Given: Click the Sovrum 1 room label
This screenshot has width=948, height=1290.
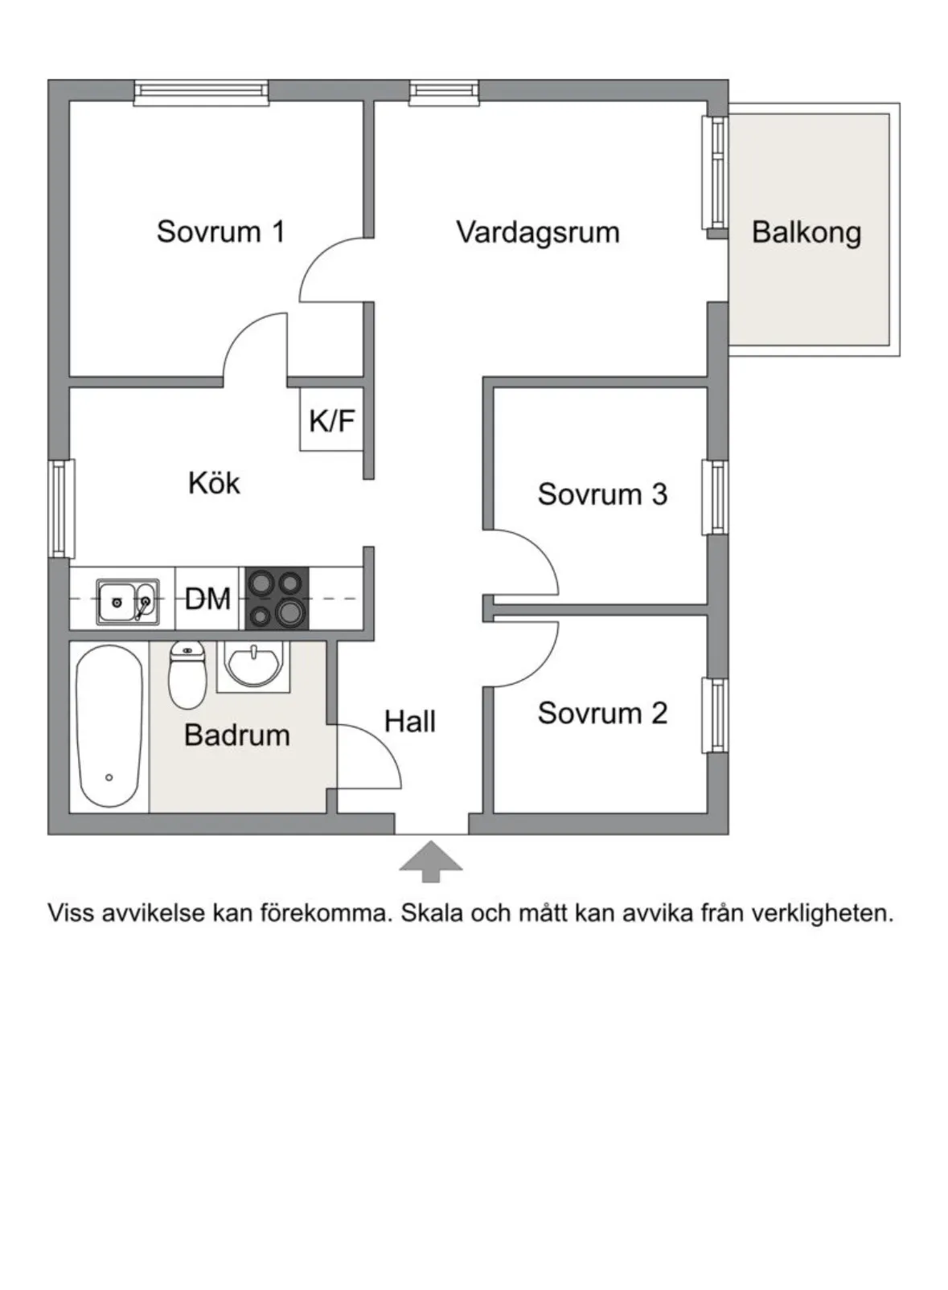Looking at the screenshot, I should tap(220, 231).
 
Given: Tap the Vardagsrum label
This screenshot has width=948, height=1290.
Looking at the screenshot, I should tap(537, 232).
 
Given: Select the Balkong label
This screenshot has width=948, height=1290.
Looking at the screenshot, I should tap(806, 232).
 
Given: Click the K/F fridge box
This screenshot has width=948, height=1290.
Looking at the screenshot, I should tap(331, 420).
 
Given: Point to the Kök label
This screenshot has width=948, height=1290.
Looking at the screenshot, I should tap(214, 483).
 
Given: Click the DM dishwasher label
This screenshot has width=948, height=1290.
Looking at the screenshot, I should tap(207, 599).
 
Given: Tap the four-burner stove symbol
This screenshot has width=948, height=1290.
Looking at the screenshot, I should tap(276, 599).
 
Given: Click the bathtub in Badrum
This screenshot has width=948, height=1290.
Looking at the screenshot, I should tap(109, 727).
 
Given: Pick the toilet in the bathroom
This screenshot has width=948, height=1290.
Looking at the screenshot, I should tap(187, 675).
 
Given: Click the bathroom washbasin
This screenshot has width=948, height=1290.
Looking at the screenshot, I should tap(253, 665).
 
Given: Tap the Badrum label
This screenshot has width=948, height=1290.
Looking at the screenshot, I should tap(236, 735).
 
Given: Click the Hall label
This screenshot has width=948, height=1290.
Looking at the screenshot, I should tap(409, 721).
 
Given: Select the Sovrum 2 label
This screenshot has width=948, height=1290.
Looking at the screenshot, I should tap(602, 713).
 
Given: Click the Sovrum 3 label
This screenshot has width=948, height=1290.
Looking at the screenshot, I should tap(602, 493).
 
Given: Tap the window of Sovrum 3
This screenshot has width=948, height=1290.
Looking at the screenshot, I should tap(714, 497).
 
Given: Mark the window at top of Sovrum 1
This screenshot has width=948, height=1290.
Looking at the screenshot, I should tap(201, 92).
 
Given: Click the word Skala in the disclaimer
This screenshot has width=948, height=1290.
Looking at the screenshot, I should tap(431, 914).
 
